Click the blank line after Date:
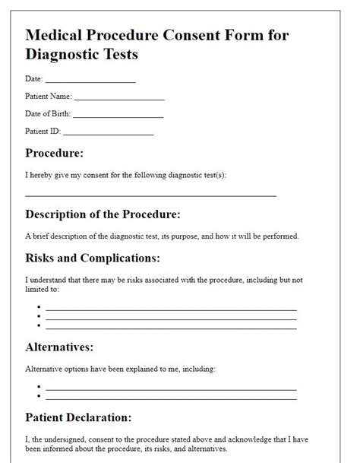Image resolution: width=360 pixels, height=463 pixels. [x=90, y=80]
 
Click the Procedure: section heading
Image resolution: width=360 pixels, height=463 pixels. [x=54, y=153]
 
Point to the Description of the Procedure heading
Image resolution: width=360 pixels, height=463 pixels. [x=103, y=214]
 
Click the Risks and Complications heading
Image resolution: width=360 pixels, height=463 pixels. [x=93, y=258]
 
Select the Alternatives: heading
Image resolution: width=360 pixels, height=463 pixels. [x=59, y=347]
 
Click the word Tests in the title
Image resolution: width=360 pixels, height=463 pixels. [x=116, y=55]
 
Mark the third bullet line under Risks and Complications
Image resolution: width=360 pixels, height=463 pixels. [x=171, y=327]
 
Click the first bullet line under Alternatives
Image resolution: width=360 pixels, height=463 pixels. [x=171, y=388]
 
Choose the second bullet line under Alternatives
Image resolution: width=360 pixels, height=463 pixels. [x=171, y=397]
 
